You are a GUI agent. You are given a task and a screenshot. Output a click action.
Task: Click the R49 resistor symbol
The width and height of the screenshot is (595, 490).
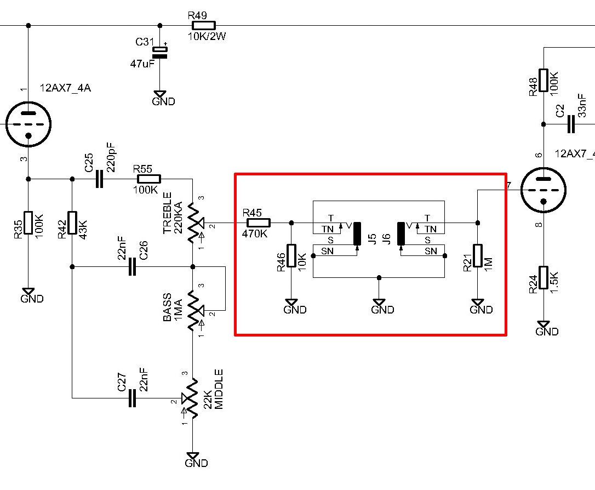coord(204,25)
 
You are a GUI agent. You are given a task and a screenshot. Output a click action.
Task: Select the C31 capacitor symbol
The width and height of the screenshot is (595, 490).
coord(160,53)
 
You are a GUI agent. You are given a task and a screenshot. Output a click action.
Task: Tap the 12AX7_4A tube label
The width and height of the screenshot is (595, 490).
coord(65,88)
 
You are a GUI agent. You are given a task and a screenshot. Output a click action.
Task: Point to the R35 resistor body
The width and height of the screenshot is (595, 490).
coord(28,223)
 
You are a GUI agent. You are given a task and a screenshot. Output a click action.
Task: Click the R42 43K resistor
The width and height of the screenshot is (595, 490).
coord(72,223)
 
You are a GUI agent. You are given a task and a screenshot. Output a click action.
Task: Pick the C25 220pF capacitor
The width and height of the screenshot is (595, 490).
coord(99,179)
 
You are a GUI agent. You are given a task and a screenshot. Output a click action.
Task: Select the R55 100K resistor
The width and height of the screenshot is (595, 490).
coord(149,179)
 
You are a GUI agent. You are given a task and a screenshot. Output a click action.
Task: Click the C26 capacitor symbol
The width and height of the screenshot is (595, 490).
coord(131,267)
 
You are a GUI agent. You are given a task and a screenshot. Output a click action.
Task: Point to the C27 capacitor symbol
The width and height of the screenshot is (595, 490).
coord(131,398)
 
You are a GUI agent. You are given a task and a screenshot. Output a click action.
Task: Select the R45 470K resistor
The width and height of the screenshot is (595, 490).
coord(259,223)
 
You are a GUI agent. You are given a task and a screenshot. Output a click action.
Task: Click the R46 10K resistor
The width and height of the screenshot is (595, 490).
coord(291,256)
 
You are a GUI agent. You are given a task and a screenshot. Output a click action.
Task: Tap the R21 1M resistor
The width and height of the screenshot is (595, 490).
coord(478,256)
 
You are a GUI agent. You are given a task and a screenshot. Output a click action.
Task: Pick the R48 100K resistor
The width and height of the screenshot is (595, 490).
coord(543,81)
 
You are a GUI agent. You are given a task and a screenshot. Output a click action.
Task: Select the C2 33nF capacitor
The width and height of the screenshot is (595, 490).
coord(571,124)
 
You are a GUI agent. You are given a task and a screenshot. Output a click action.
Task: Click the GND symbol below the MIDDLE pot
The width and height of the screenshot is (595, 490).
coord(193,457)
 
